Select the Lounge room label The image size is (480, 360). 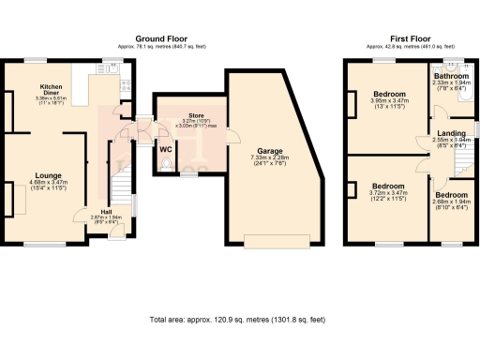(49, 175)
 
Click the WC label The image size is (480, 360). (166, 149)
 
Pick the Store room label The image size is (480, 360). (193, 114)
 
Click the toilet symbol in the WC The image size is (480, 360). (167, 165)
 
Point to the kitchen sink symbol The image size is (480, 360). (111, 67)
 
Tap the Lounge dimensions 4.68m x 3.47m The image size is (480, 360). (49, 184)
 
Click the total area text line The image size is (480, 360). (238, 321)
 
